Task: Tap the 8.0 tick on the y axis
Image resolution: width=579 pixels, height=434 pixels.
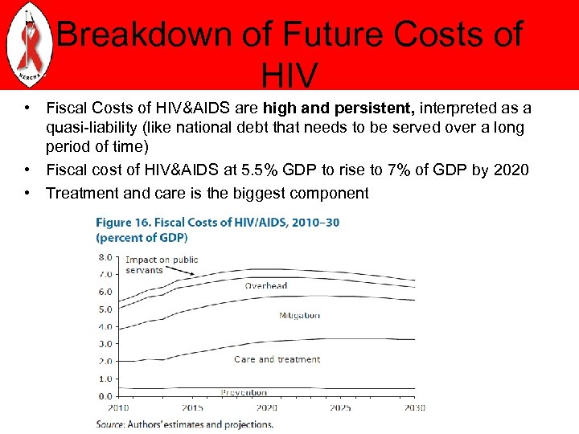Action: [x=105, y=257]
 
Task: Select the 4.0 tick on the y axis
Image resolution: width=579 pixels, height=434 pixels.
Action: [x=105, y=327]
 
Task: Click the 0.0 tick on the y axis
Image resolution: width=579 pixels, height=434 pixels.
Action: [x=105, y=396]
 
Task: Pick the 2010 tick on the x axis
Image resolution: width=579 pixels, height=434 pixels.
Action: [x=118, y=407]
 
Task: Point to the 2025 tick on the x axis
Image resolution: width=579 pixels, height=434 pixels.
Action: [x=340, y=407]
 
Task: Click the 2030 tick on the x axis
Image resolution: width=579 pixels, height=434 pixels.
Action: [x=413, y=407]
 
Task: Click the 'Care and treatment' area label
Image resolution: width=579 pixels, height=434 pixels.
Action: [x=277, y=359]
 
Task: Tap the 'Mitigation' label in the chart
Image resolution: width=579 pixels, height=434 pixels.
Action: [x=299, y=316]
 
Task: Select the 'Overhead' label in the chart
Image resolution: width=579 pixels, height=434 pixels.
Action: [x=266, y=286]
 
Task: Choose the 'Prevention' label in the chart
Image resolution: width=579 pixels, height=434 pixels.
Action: [x=244, y=393]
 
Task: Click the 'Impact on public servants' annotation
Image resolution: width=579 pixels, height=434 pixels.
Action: [x=161, y=264]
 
